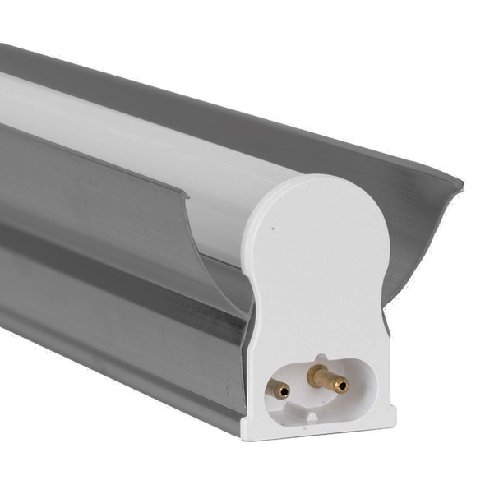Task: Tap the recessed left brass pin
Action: click(x=282, y=390)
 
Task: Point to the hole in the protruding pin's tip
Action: click(x=344, y=383)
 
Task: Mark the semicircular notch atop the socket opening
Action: click(x=321, y=358)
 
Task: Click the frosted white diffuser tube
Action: click(x=123, y=123)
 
